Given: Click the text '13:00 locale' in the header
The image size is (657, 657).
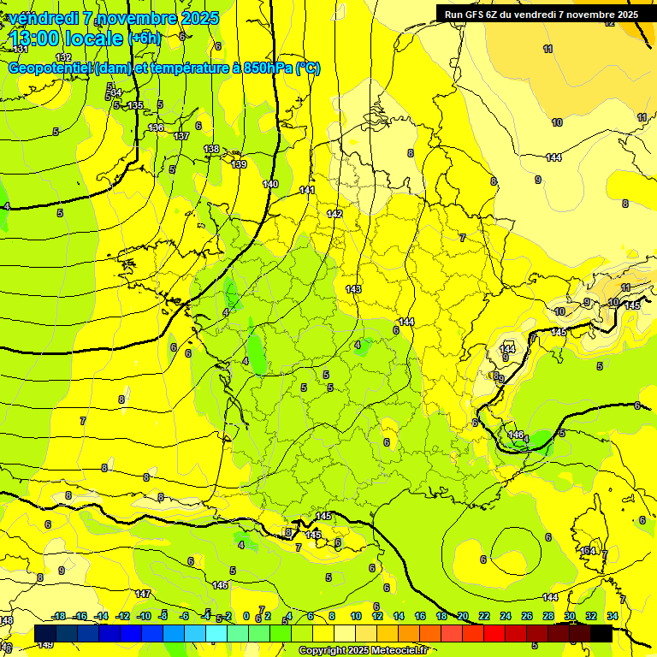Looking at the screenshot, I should [x=67, y=38].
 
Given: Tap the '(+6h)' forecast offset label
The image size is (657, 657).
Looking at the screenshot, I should [x=144, y=38].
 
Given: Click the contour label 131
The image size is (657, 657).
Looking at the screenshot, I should [x=21, y=50].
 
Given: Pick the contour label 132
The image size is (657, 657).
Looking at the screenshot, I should [x=64, y=57].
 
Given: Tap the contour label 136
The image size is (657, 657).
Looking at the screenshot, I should [x=156, y=127].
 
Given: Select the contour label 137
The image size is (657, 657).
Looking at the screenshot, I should [x=181, y=136].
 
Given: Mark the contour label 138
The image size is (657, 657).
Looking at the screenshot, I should [x=211, y=149].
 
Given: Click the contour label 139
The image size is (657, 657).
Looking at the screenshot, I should [x=239, y=164].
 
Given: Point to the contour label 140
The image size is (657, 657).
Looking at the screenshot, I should [x=270, y=184].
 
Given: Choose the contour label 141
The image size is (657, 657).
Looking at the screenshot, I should [x=307, y=190].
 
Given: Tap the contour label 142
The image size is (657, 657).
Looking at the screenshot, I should [x=334, y=214].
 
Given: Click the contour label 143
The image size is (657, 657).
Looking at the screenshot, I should [x=353, y=289].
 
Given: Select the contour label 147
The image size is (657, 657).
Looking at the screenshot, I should [x=143, y=593].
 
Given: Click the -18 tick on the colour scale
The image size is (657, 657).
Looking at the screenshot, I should [x=59, y=616].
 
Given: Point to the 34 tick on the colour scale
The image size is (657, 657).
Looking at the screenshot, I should [x=613, y=616].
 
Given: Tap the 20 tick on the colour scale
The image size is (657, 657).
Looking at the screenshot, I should [x=463, y=616].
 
